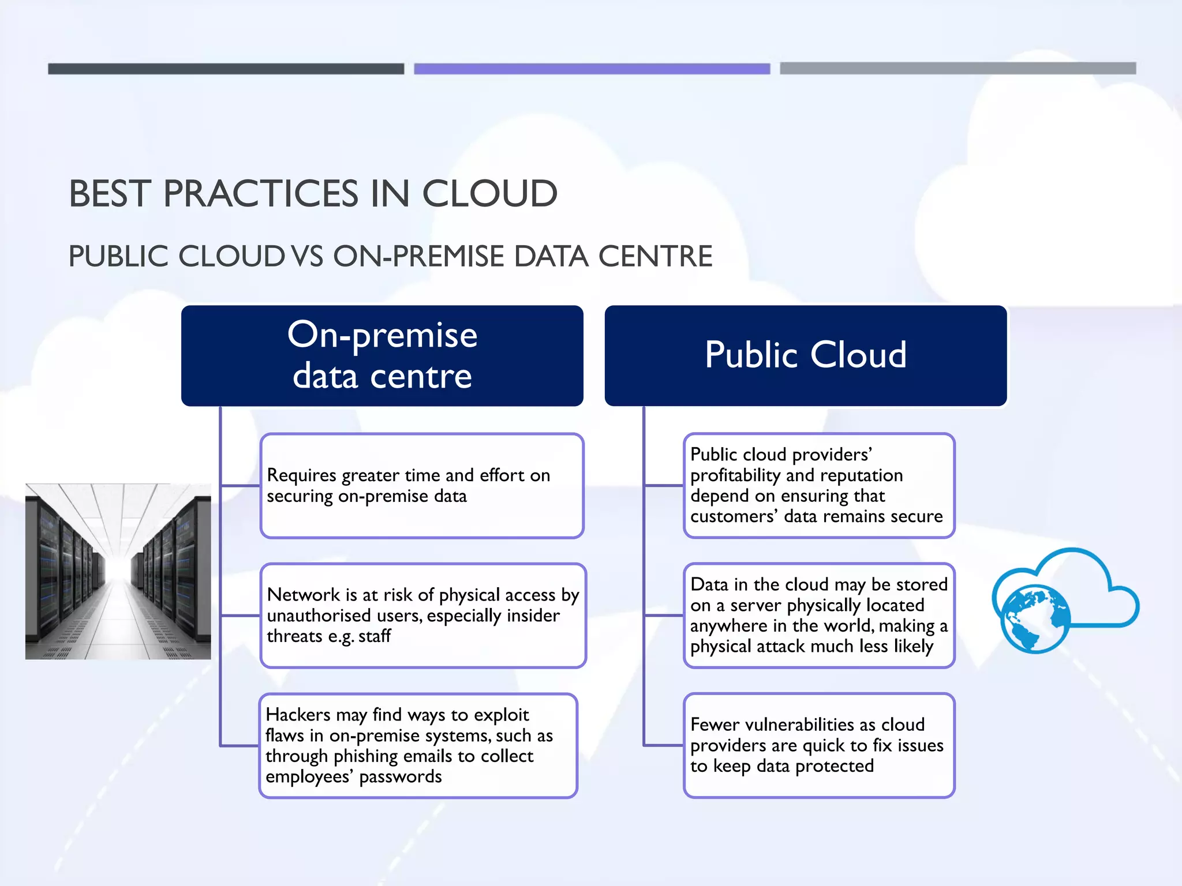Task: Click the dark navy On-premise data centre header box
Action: click(x=382, y=355)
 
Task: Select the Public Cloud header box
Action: click(x=806, y=355)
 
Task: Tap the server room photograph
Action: click(x=118, y=571)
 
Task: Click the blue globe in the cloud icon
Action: click(x=1035, y=618)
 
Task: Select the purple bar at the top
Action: click(x=592, y=69)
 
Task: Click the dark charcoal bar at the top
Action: click(x=226, y=69)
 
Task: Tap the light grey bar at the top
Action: click(x=957, y=69)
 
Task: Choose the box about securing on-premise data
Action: click(x=422, y=486)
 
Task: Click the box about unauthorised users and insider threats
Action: click(x=423, y=615)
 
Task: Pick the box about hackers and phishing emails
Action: click(x=418, y=745)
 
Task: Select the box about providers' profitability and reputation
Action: click(x=819, y=486)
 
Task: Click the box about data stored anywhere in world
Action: click(x=819, y=615)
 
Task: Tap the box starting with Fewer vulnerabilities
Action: click(x=819, y=745)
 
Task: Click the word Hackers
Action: click(x=298, y=715)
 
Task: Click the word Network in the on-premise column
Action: click(x=304, y=595)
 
